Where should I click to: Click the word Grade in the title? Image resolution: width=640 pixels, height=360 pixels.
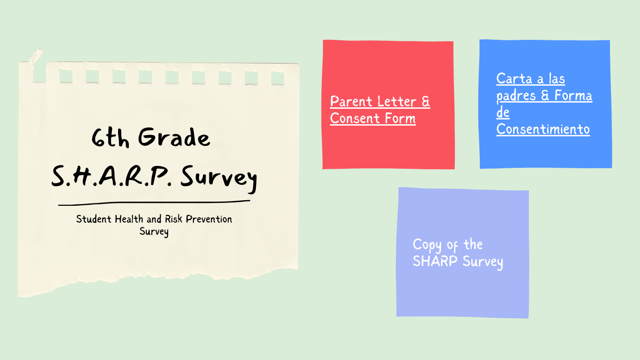pos(174,137)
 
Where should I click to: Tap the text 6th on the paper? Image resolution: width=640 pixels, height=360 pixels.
pos(110,137)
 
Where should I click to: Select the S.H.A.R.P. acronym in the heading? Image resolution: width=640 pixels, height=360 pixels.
pos(112,176)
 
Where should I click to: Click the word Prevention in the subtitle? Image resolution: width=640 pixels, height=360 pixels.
pos(209,219)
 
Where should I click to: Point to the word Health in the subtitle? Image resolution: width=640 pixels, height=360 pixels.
pos(129,219)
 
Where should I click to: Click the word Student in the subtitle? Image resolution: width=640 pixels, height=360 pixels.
pos(93,219)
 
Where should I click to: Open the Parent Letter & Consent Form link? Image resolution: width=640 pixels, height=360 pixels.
pos(380,110)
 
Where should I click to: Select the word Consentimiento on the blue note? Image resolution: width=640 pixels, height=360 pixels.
pos(543,129)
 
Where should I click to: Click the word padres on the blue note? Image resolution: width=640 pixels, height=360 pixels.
pos(516,96)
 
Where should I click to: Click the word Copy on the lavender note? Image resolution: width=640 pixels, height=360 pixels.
pos(427,245)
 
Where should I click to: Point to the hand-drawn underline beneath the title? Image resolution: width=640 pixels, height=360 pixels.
pos(154,202)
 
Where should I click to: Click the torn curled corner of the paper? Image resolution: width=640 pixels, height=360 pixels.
pos(36,56)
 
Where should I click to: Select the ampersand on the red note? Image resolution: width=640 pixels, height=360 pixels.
pos(426,102)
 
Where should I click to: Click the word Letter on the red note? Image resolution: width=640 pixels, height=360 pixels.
pos(396,102)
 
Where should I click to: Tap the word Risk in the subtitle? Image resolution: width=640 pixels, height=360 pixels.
pos(173,219)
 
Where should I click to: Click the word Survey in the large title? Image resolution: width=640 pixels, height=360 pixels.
pos(219,178)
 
